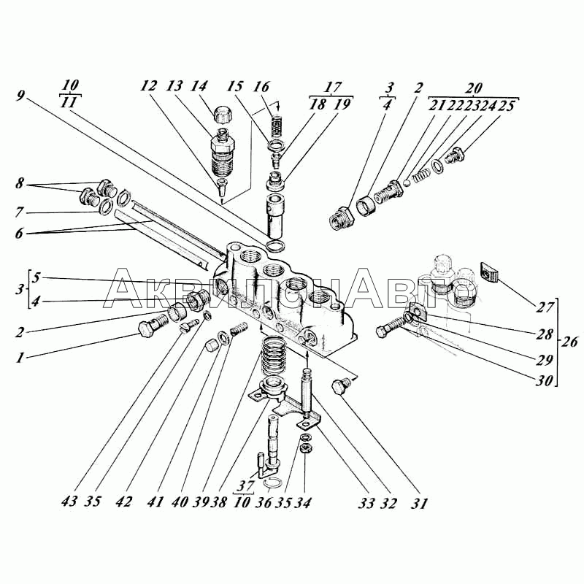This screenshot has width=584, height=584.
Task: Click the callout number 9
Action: click(x=20, y=96)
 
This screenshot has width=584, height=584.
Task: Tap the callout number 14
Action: click(x=199, y=86)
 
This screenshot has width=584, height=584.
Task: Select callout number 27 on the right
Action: click(x=545, y=307)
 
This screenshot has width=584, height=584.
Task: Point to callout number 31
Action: click(x=419, y=503)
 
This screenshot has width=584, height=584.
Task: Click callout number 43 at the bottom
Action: click(x=69, y=501)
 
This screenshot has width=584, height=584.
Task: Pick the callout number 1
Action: click(x=20, y=358)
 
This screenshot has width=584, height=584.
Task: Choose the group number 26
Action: click(x=569, y=341)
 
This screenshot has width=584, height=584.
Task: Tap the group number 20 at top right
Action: click(x=473, y=88)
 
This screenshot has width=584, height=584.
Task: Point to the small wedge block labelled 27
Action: click(x=488, y=272)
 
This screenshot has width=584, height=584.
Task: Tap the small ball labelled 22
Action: click(x=407, y=183)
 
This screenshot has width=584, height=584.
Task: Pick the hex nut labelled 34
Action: click(x=306, y=447)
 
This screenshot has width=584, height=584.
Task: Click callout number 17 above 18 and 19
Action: click(x=332, y=87)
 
